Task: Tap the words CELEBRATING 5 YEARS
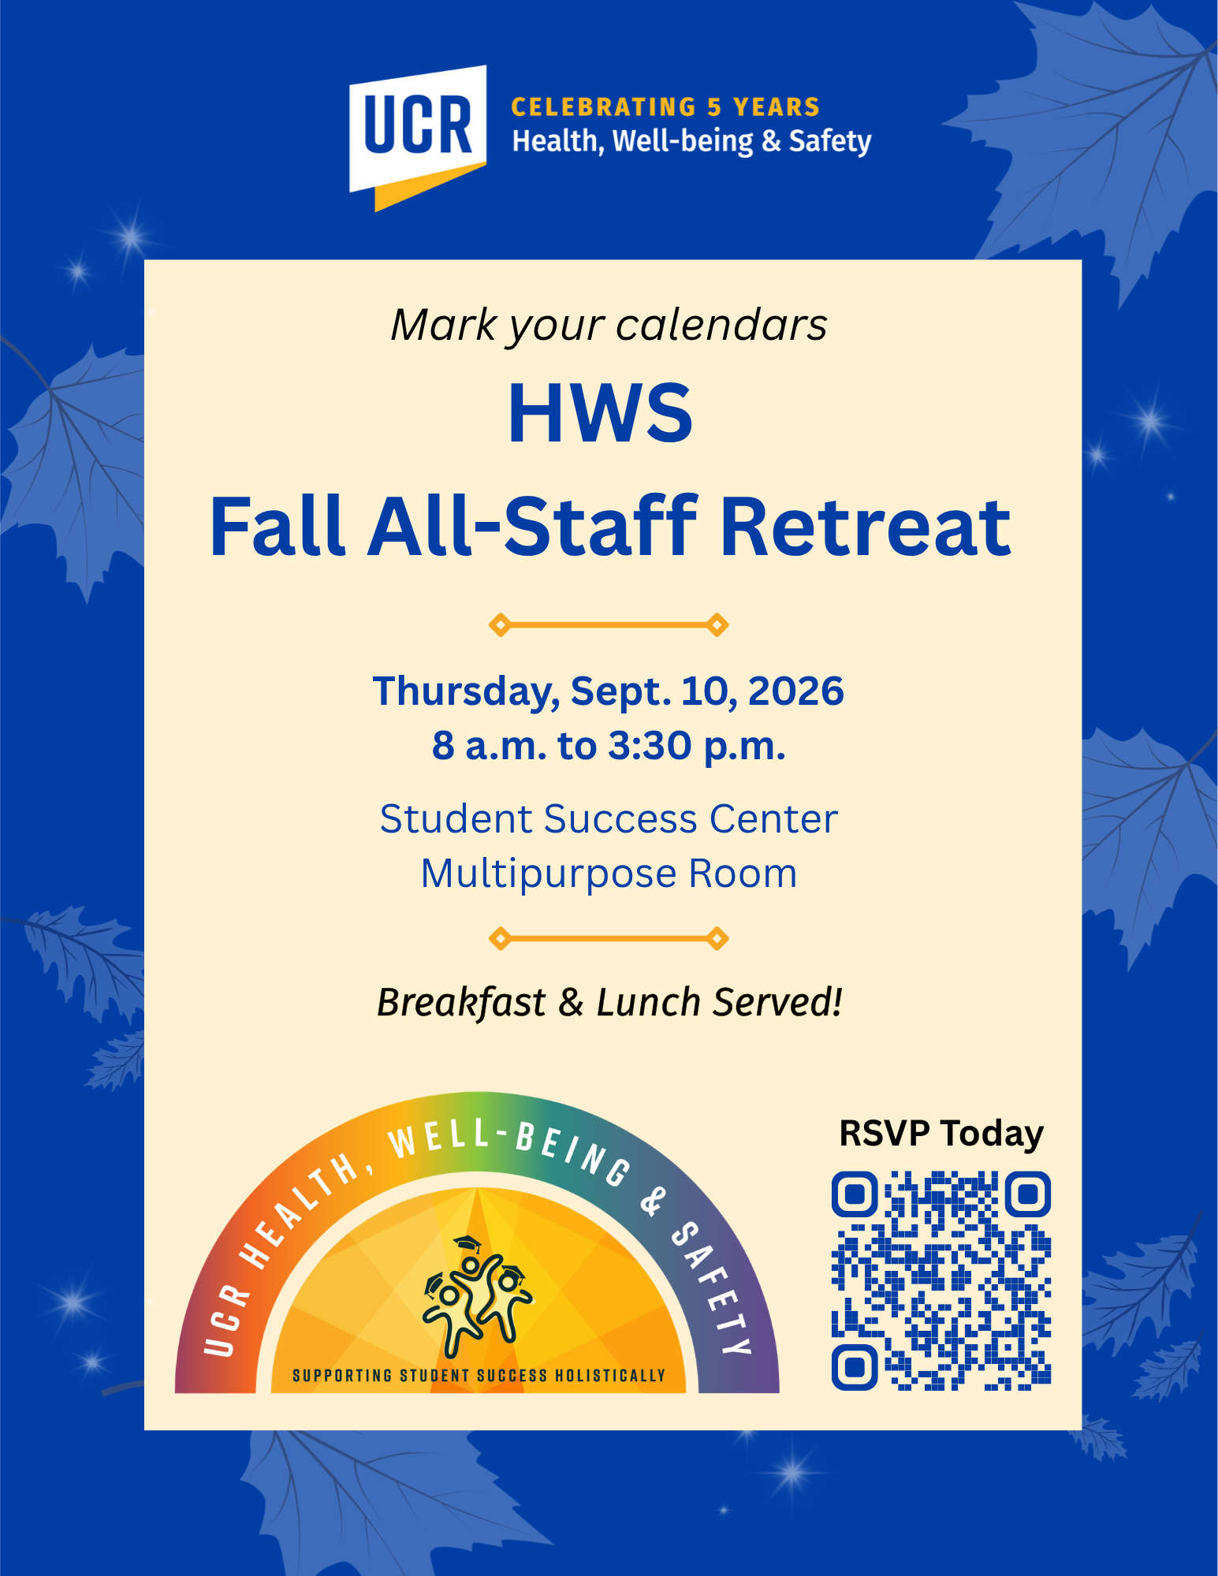click(666, 106)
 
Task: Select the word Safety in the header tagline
click(830, 142)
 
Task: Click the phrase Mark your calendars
click(609, 325)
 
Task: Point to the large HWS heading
click(601, 413)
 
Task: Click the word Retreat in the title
click(866, 526)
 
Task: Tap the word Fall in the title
click(278, 526)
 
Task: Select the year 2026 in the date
click(795, 691)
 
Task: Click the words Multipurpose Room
click(609, 874)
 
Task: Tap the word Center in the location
click(773, 818)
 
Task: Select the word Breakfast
click(461, 1003)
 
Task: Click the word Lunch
click(648, 1002)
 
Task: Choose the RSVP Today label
click(941, 1134)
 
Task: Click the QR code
click(941, 1280)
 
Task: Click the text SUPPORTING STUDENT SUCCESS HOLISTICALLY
click(479, 1376)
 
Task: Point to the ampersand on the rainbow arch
click(653, 1201)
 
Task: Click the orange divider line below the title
click(609, 625)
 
